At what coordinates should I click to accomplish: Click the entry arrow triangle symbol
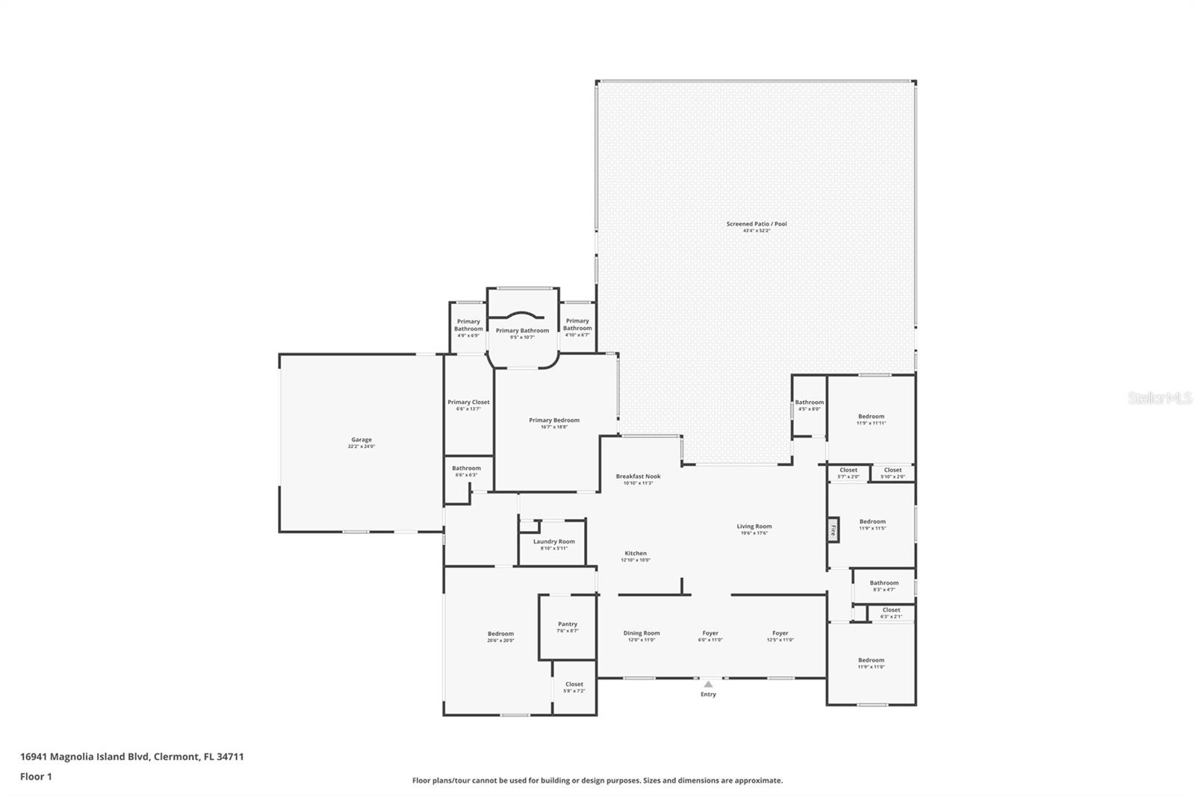click(x=708, y=684)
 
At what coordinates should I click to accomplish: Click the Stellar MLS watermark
click(x=1160, y=398)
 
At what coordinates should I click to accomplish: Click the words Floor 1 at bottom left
click(x=36, y=777)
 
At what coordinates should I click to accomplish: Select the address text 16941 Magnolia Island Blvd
click(x=85, y=756)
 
